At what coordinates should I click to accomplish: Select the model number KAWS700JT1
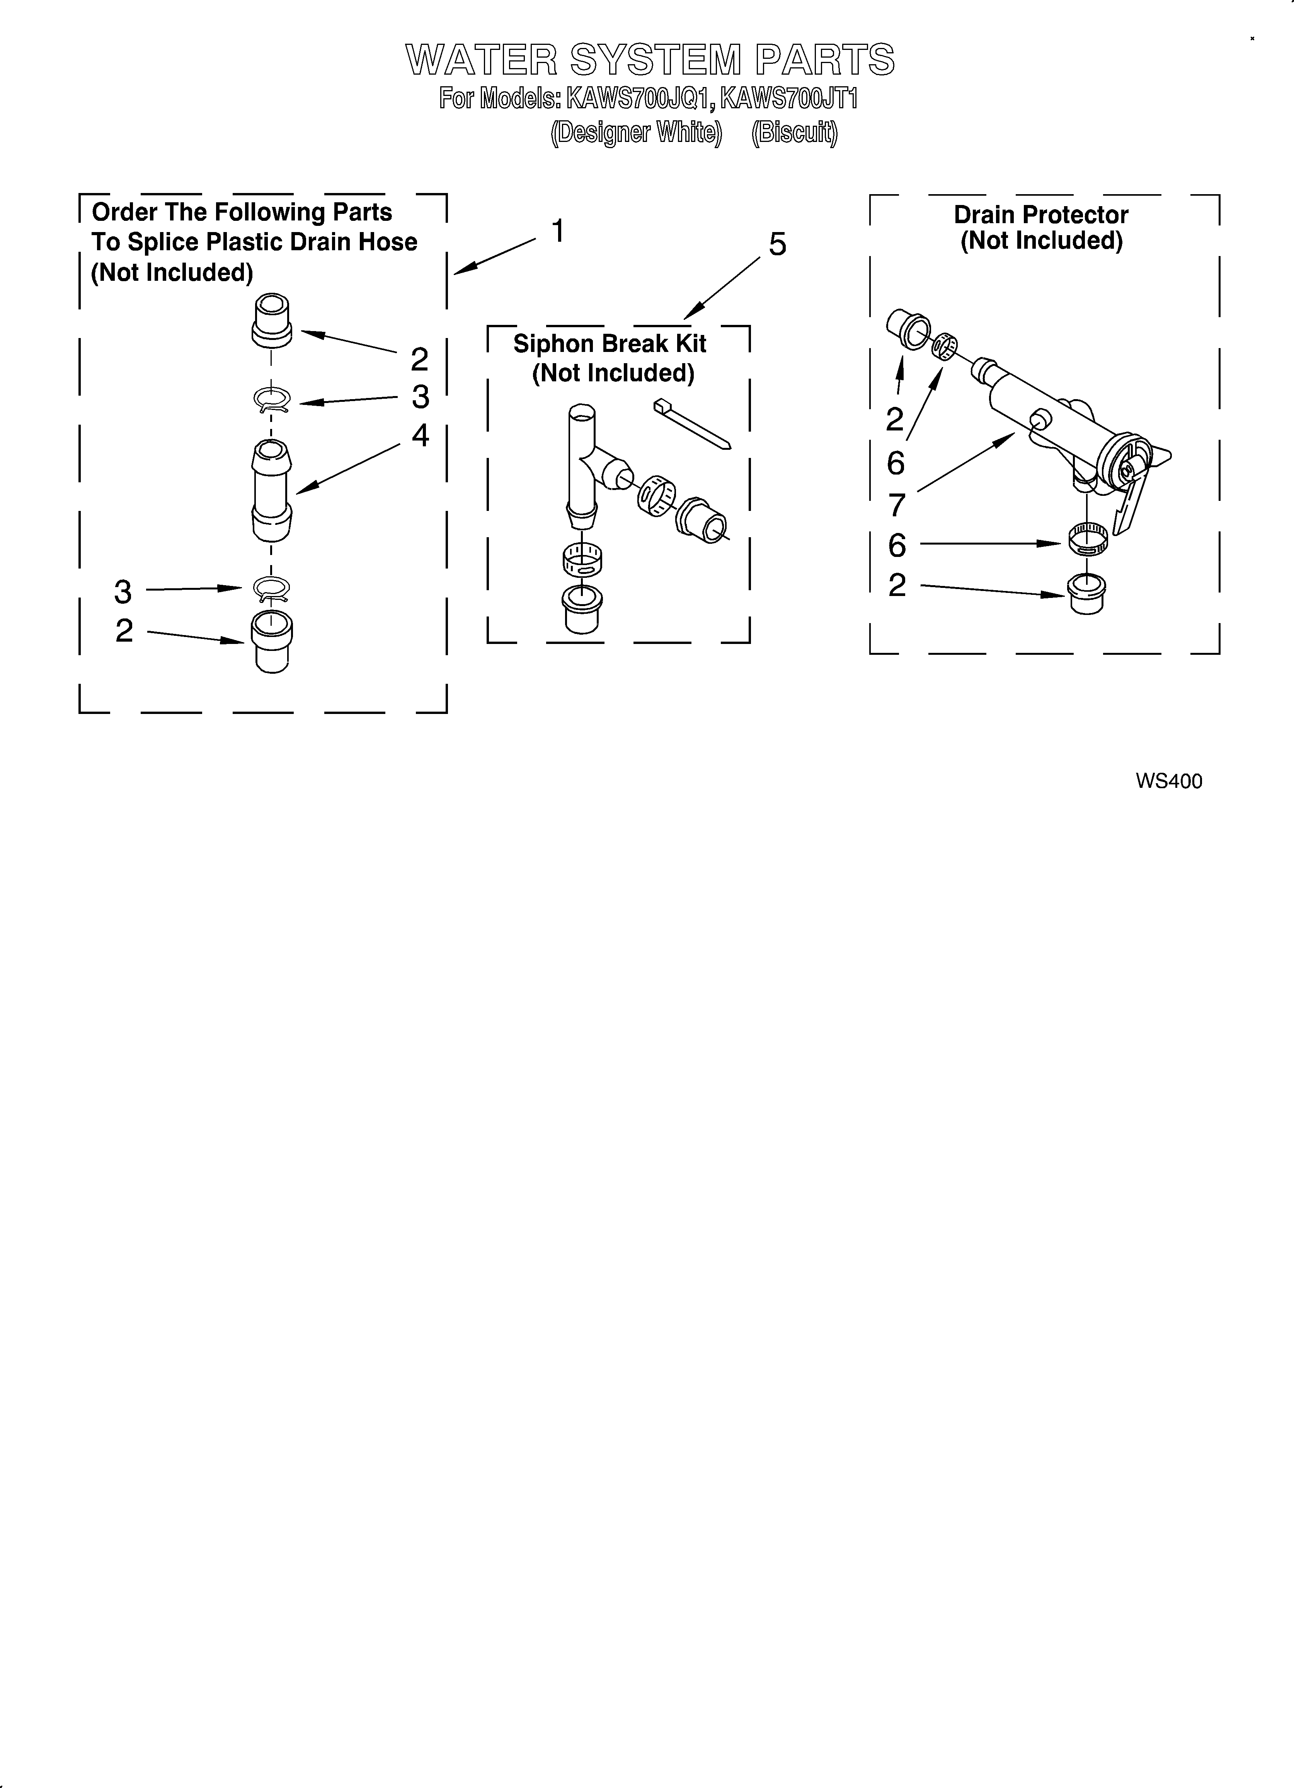click(789, 99)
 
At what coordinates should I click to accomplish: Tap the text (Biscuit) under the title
click(794, 132)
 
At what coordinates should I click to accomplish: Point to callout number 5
click(777, 245)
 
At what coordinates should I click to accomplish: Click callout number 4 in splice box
click(420, 435)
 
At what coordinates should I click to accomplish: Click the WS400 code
click(1169, 781)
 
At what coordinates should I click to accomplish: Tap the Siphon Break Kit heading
click(610, 345)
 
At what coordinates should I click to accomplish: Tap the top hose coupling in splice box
click(271, 319)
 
